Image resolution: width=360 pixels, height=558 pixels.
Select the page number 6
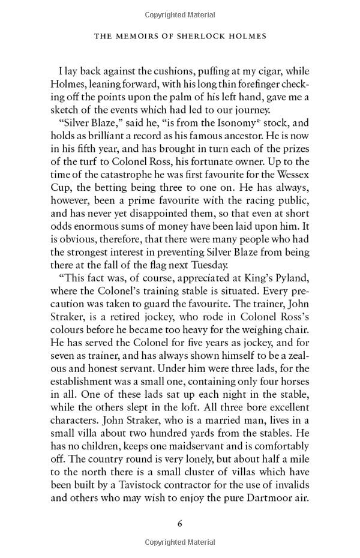(180, 523)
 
